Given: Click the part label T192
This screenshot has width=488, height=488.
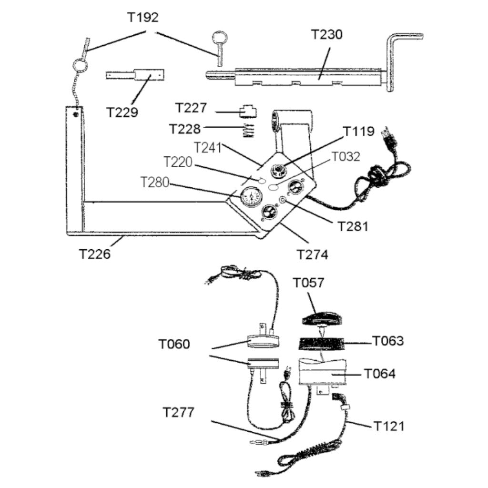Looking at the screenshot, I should coord(143,18).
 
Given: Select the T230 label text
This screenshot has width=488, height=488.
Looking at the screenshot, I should coord(327,35).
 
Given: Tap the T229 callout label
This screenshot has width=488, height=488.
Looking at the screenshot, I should coord(122,112).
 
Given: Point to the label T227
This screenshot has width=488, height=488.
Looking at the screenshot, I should coord(191,108).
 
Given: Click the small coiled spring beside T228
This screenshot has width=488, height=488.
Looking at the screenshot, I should coord(247,130).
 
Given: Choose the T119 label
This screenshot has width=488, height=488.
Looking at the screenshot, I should coord(359,131).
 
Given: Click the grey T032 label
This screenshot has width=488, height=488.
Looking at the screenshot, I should coord(346,156).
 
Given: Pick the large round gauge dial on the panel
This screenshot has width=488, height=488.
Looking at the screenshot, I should coord(250,196).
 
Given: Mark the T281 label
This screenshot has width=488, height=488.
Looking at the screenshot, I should coord(353,225).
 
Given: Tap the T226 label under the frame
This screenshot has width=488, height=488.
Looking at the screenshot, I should coord(94,254).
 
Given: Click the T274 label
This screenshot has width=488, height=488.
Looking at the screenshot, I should coord(313,254).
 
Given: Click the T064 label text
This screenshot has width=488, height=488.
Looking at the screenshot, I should coord(380,374).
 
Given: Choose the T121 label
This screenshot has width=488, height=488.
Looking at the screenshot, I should coord(388,426).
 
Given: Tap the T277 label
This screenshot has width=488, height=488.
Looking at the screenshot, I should coord(178,412).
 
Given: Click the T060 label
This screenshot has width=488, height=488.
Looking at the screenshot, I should coord(174,344).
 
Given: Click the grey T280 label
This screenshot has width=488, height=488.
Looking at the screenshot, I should coord(155,183).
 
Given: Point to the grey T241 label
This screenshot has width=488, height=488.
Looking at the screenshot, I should coord(208,147).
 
